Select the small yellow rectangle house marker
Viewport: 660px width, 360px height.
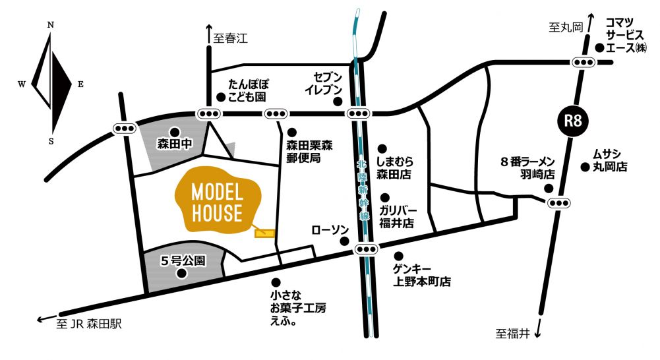pos(264,232)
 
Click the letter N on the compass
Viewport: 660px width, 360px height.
pos(51,25)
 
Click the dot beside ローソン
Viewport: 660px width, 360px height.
pos(344,241)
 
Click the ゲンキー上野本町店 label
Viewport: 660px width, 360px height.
pos(422,275)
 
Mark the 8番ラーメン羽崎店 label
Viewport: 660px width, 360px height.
pos(529,168)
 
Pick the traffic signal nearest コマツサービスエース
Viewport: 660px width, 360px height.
pos(584,63)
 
